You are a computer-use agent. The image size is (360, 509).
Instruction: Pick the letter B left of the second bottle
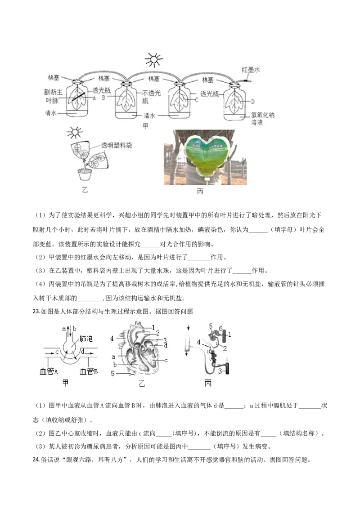(x=103, y=97)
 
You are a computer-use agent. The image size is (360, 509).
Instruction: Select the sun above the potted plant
(x=75, y=132)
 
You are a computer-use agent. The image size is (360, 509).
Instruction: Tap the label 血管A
(x=49, y=372)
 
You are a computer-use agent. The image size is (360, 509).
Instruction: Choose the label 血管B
(x=89, y=372)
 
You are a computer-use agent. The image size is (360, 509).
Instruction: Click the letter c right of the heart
(x=166, y=360)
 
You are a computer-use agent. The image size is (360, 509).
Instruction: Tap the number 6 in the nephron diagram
(x=220, y=328)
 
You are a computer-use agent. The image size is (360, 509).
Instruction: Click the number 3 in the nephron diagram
(x=220, y=371)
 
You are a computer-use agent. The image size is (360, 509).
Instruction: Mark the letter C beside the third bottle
(x=197, y=100)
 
